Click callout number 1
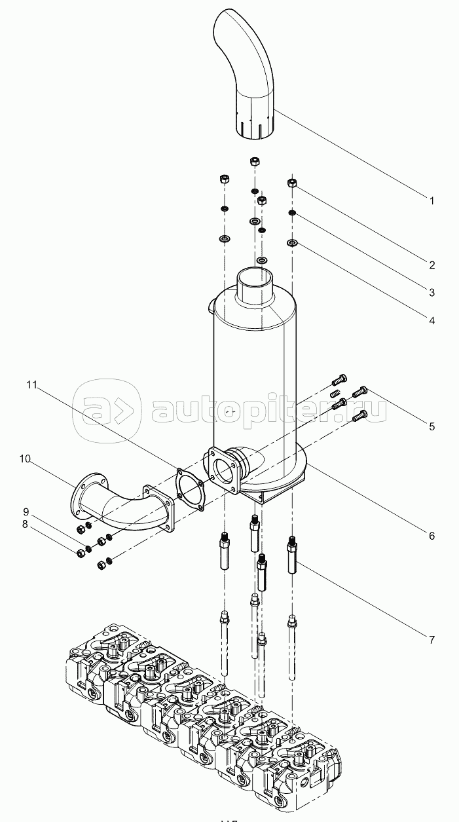[x=431, y=201]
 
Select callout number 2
[x=431, y=265]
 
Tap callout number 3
[x=431, y=292]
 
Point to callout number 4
[x=431, y=320]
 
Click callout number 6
[x=431, y=535]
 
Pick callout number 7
[x=431, y=639]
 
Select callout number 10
[x=25, y=459]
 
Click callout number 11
[x=31, y=384]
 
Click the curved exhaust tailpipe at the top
[x=246, y=72]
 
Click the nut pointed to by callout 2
[x=293, y=183]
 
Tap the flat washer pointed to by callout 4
[x=293, y=244]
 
